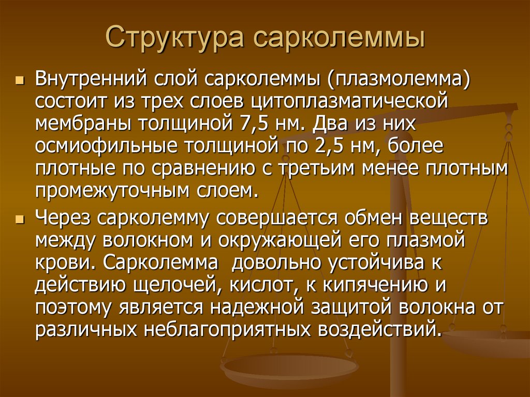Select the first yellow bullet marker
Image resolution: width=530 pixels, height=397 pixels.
pos(20,82)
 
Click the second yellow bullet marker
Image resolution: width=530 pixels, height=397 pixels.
pos(20,220)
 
